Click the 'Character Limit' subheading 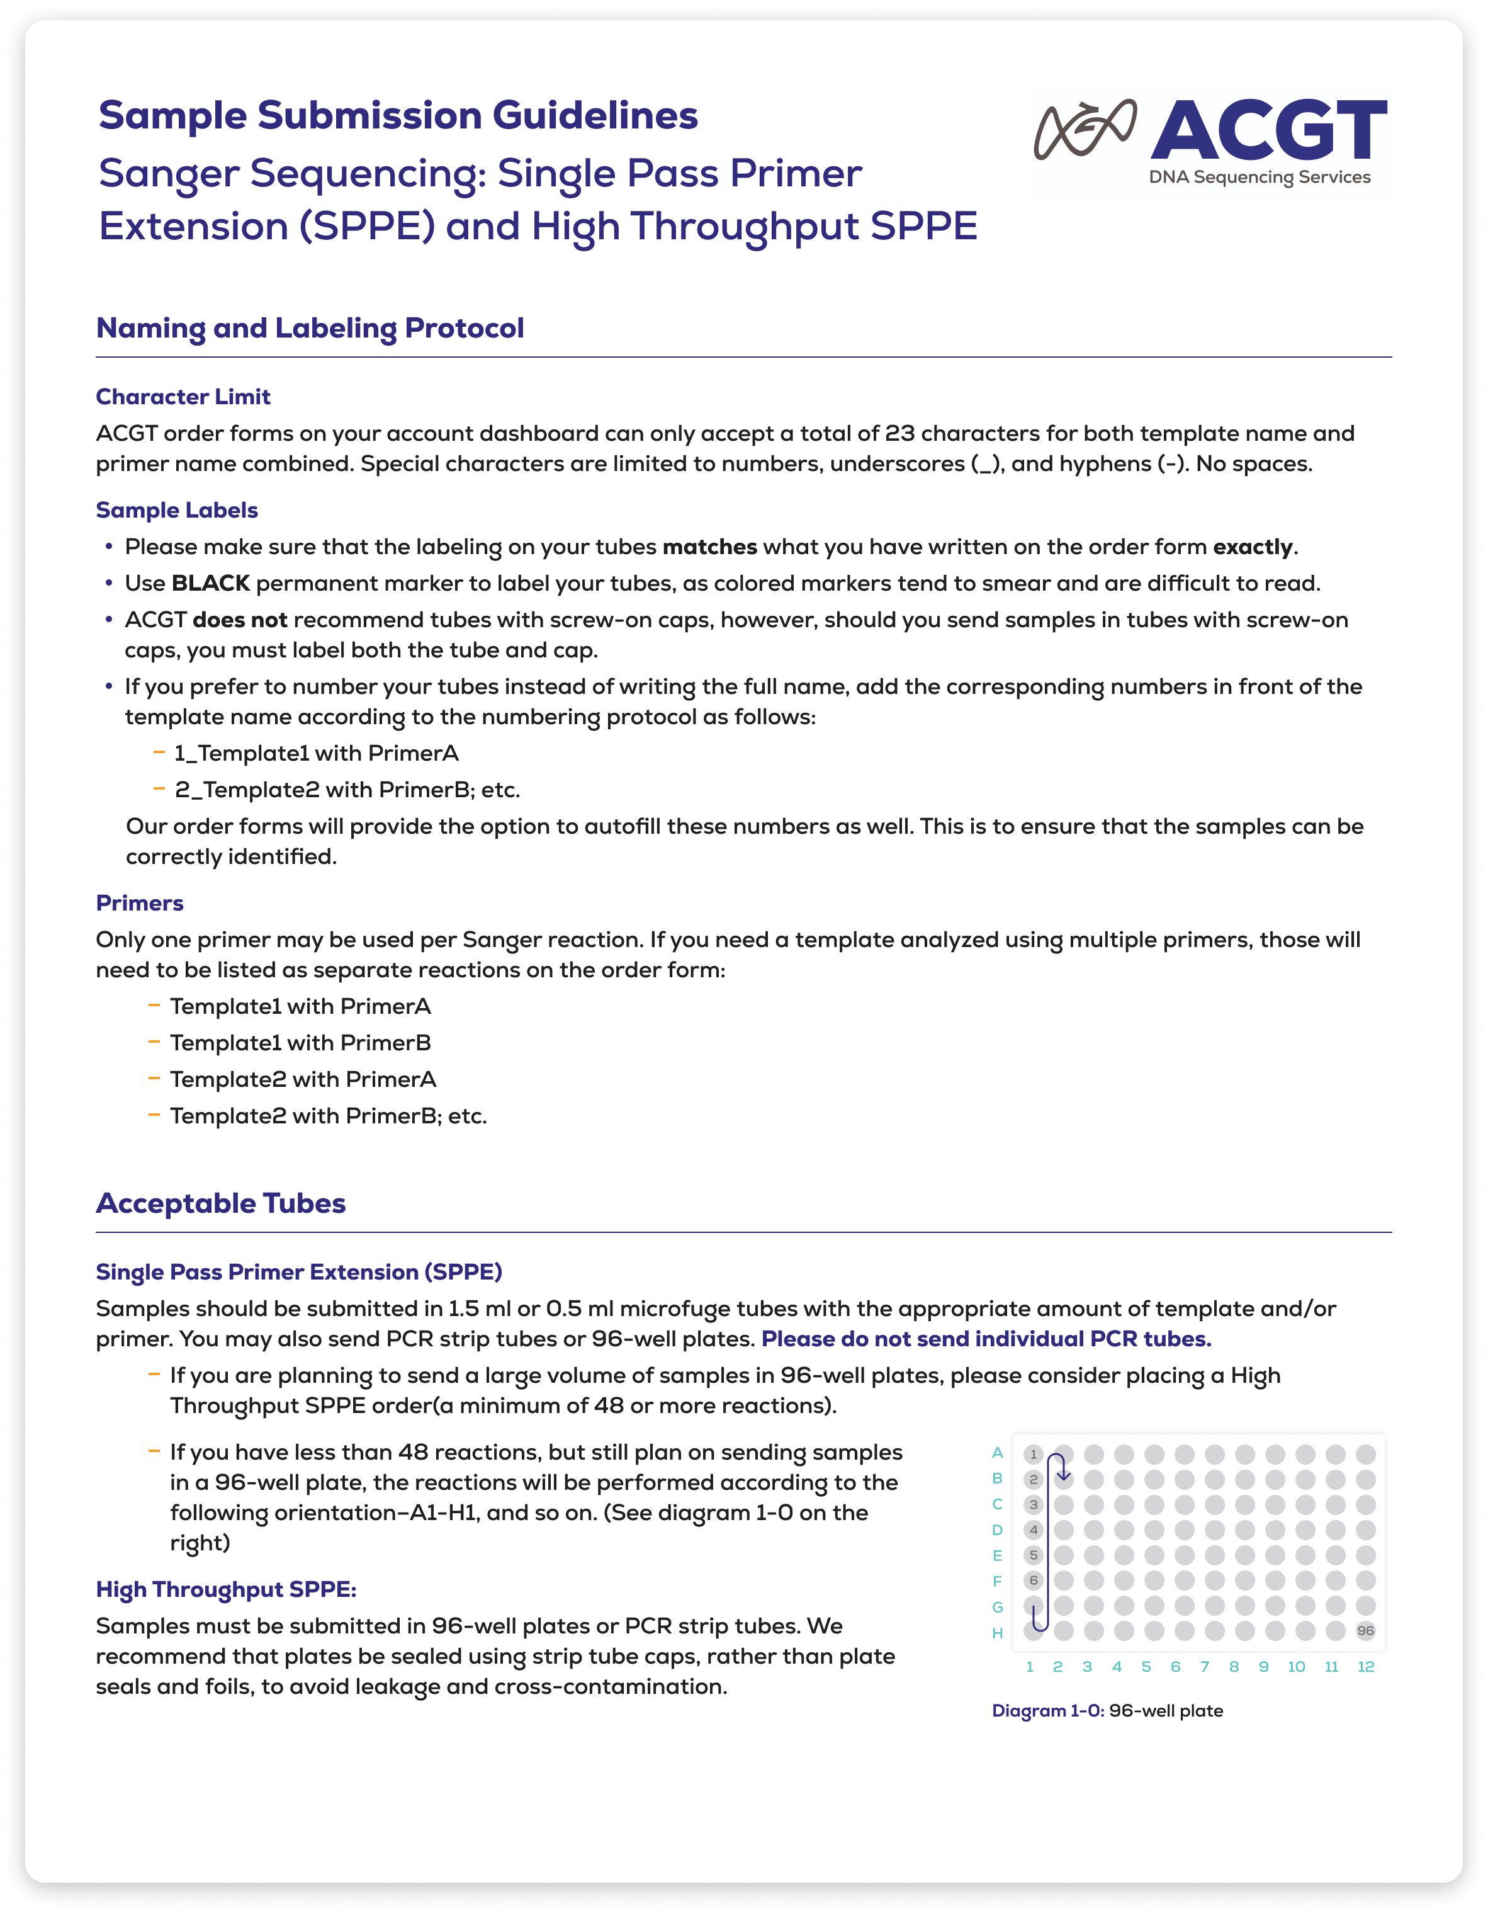pyautogui.click(x=183, y=397)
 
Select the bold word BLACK pyautogui.click(x=210, y=583)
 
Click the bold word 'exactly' pyautogui.click(x=1253, y=547)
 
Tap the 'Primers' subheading pyautogui.click(x=139, y=903)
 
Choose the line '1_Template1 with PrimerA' pyautogui.click(x=315, y=753)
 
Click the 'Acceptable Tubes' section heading pyautogui.click(x=221, y=1203)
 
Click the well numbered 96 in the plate pyautogui.click(x=1365, y=1631)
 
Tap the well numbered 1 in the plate pyautogui.click(x=1034, y=1454)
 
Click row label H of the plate pyautogui.click(x=996, y=1633)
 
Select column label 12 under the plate pyautogui.click(x=1365, y=1667)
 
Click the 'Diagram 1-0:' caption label pyautogui.click(x=1047, y=1711)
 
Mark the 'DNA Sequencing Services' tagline pyautogui.click(x=1260, y=177)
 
